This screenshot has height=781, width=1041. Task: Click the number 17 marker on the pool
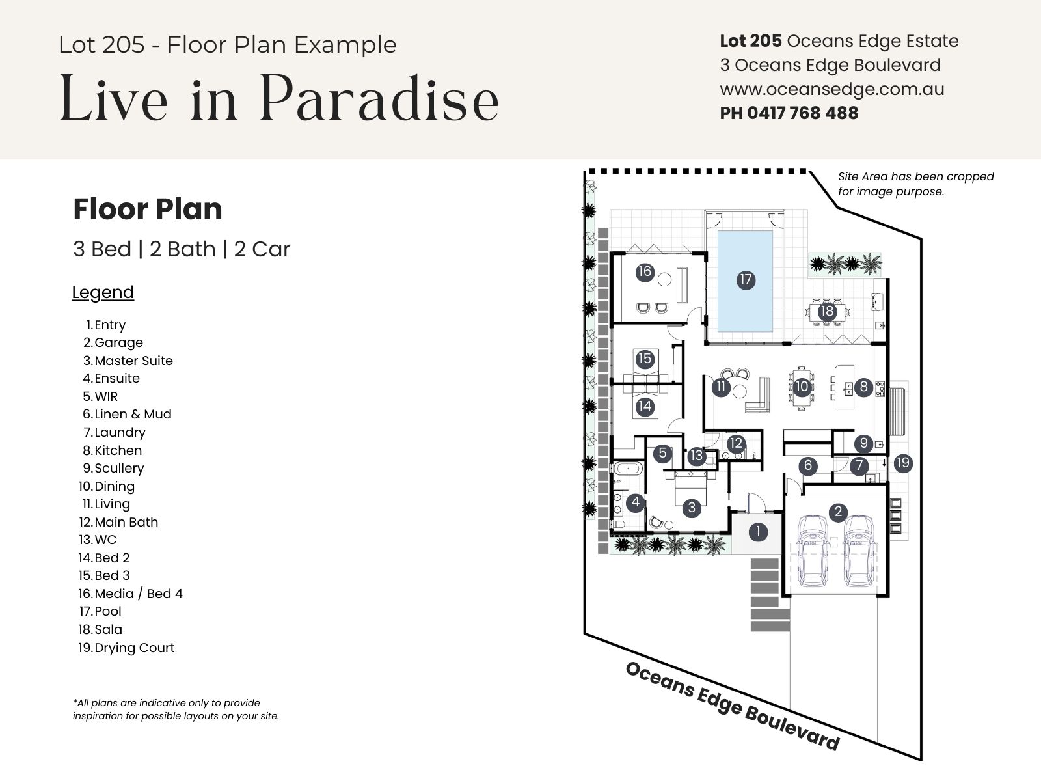point(746,280)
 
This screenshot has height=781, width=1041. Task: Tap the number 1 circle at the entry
point(758,532)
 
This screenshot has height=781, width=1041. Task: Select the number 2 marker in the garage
point(838,512)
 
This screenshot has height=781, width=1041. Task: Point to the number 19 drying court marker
point(902,463)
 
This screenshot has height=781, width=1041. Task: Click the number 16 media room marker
point(645,272)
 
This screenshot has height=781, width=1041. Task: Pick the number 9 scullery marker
point(863,443)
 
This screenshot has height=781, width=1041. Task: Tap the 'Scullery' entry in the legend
point(113,468)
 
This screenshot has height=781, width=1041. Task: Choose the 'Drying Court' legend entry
point(126,648)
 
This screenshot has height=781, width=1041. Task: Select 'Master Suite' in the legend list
point(128,361)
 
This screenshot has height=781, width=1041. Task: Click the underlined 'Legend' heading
point(103,293)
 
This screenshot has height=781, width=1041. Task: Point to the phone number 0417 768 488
point(802,113)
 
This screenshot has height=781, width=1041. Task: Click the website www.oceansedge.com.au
point(832,89)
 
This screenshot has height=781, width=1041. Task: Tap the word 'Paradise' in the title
point(379,98)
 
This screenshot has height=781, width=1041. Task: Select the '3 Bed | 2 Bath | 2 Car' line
point(181,249)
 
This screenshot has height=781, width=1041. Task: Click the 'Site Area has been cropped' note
point(916,177)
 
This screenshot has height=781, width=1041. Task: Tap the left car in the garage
point(813,551)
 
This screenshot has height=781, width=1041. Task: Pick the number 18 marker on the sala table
point(827,312)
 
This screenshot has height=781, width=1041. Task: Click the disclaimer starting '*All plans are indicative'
point(176,709)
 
